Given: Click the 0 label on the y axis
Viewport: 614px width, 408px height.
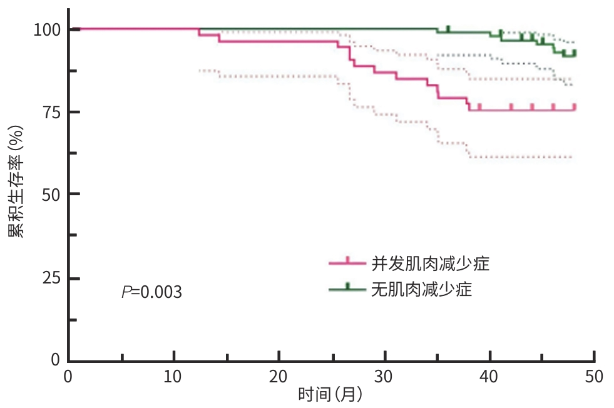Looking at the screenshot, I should coord(56,360).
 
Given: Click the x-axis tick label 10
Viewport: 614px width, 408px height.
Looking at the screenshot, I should coord(173,377).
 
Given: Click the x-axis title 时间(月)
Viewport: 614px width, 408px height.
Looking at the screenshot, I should coord(331,395).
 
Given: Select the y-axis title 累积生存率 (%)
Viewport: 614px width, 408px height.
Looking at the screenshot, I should coord(17,181).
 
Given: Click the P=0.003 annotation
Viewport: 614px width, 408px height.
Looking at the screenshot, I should coord(152,292).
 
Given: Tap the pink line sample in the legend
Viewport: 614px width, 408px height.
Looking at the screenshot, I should coord(348,263).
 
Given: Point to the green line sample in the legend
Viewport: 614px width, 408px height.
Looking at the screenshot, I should coord(348,288).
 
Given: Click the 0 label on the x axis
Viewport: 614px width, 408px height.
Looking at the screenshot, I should coord(69,377).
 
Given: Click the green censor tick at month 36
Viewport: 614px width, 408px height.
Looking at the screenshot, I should coord(448,29).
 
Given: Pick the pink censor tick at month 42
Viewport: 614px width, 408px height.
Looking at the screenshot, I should coord(511,107).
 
